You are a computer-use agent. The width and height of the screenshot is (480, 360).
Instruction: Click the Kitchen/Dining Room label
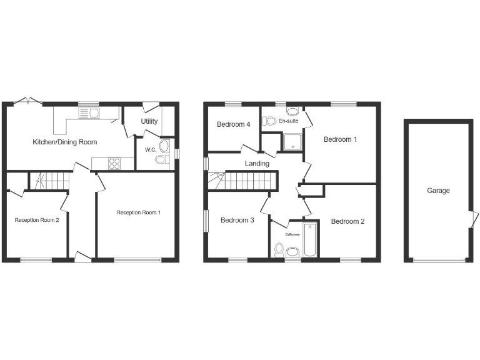(64, 142)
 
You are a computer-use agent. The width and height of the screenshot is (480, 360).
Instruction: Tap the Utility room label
(149, 121)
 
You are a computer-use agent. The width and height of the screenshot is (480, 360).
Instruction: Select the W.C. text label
(150, 150)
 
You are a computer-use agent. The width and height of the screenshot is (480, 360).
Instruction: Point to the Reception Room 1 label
(139, 212)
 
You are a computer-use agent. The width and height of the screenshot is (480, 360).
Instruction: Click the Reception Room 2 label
(37, 219)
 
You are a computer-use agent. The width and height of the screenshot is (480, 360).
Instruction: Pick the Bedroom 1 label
(340, 139)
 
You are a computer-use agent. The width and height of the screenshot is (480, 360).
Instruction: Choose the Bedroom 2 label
(347, 221)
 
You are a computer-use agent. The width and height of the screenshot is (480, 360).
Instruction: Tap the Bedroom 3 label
(237, 220)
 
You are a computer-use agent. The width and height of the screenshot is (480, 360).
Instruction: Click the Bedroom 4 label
(233, 124)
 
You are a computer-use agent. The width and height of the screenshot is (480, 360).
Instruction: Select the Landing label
(257, 164)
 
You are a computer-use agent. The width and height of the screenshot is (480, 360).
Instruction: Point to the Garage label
(438, 191)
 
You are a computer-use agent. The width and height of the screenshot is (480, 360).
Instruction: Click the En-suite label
(288, 121)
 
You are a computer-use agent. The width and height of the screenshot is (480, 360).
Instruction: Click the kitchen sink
(89, 113)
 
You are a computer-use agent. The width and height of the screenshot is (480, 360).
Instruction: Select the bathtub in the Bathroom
(310, 239)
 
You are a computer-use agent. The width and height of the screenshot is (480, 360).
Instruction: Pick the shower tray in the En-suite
(292, 142)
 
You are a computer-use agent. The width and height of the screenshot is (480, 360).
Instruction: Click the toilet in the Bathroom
(279, 251)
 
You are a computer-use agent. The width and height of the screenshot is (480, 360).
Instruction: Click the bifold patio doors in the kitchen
(28, 101)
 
